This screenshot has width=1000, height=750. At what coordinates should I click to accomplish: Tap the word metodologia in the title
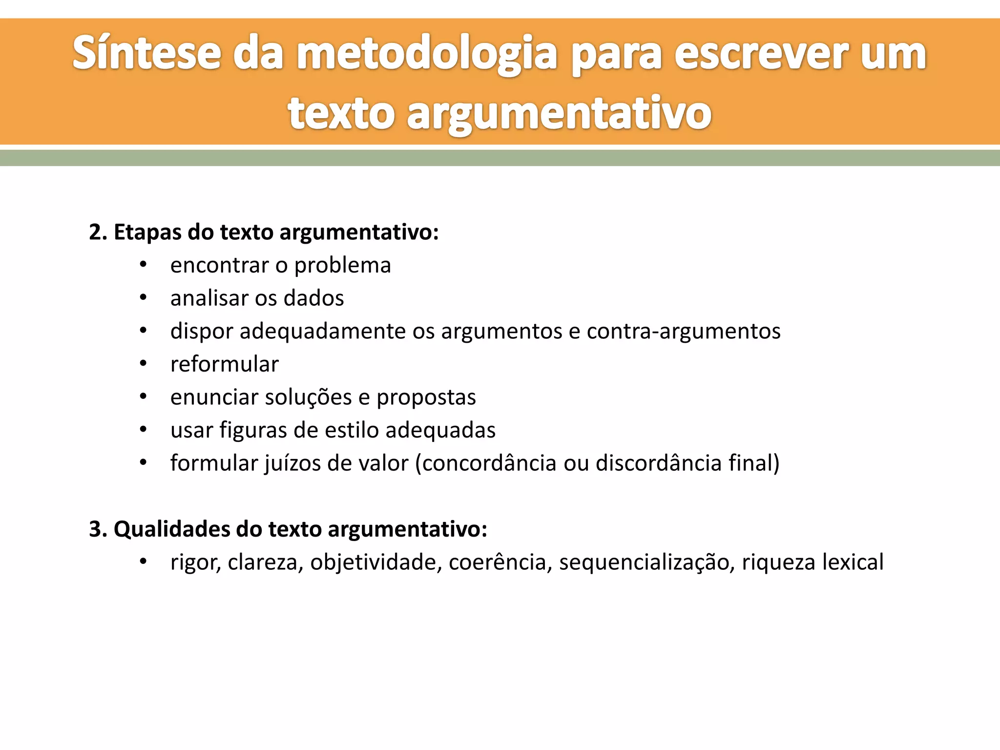[x=427, y=55]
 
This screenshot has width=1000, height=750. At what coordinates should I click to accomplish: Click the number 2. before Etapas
[x=98, y=232]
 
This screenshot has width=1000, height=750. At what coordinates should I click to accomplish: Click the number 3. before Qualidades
[x=98, y=529]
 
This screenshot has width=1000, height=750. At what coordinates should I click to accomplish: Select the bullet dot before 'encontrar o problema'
[x=143, y=265]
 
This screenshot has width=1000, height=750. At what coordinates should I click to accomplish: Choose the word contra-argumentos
[x=684, y=332]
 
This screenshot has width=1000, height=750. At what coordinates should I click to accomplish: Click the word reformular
[x=225, y=364]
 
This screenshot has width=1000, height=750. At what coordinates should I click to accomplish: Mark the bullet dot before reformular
[x=143, y=364]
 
